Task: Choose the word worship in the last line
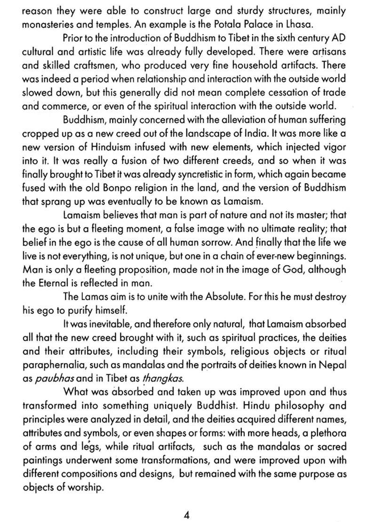tap(86, 488)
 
